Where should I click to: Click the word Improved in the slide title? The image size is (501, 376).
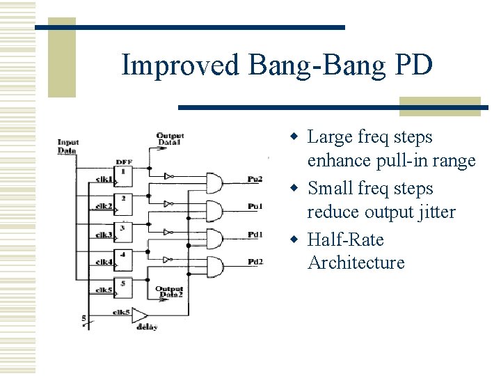tap(180, 65)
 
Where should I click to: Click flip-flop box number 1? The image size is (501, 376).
tap(123, 175)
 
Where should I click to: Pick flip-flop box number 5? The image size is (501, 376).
tap(123, 286)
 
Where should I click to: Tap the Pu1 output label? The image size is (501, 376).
tap(255, 207)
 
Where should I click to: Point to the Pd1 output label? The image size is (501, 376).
tap(255, 235)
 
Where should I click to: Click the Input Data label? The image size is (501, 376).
tap(67, 146)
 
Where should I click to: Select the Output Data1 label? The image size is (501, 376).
tap(169, 139)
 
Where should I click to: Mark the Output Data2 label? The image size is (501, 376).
tap(169, 292)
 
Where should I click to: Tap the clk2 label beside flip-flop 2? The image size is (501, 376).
tap(104, 205)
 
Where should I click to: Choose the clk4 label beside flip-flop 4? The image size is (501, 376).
tap(104, 262)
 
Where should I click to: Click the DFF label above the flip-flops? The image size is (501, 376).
tap(125, 162)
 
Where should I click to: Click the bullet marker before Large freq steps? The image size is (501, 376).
tap(295, 137)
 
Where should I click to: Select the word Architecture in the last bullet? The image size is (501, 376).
tap(356, 263)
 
